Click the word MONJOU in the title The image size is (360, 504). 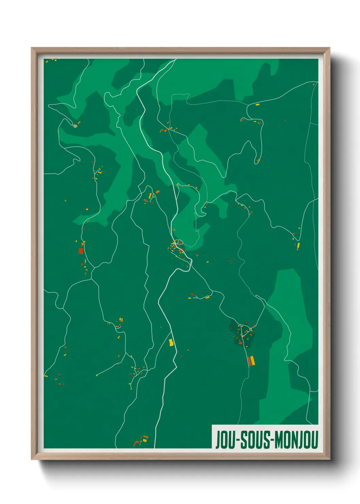[296, 440]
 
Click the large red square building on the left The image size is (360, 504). [81, 251]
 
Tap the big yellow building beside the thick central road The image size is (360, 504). [171, 342]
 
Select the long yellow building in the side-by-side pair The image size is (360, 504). [252, 360]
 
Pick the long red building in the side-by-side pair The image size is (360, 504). [249, 361]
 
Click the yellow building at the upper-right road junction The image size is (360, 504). [257, 105]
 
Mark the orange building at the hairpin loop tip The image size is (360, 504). [258, 160]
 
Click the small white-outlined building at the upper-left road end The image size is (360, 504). [75, 126]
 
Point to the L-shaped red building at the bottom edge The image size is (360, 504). [136, 443]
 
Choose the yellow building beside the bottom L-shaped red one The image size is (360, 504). [144, 440]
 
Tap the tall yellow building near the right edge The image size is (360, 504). [298, 246]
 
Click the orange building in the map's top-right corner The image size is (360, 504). [313, 84]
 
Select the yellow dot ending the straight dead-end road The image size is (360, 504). [97, 375]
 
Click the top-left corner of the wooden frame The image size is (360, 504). [32, 48]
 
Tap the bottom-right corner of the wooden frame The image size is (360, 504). [329, 459]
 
